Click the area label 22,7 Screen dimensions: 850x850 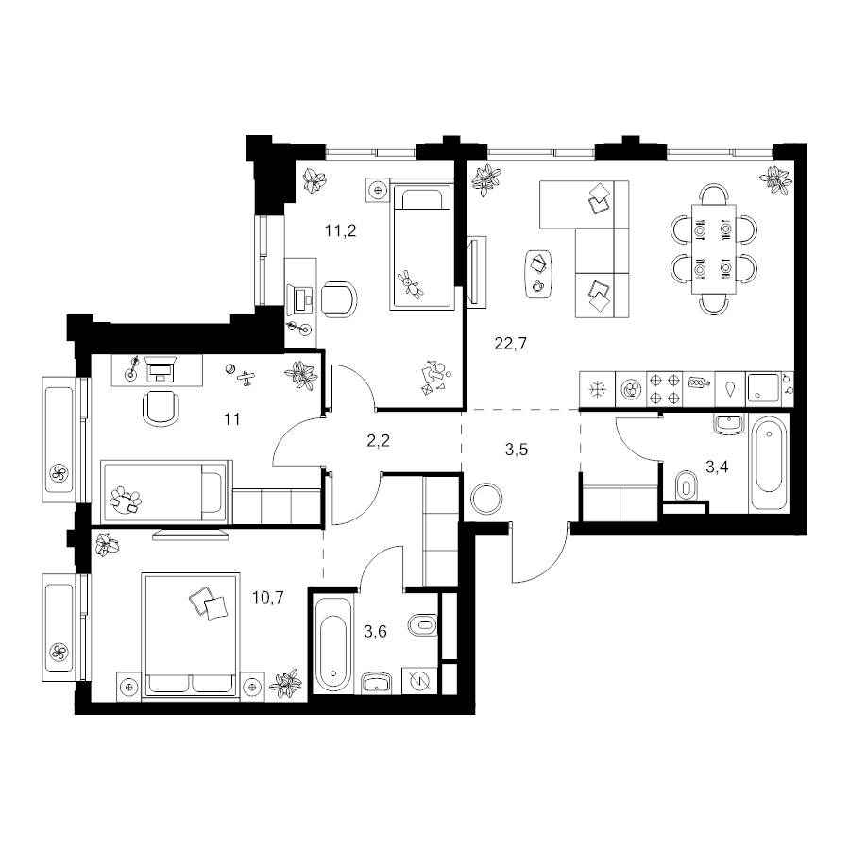pos(510,344)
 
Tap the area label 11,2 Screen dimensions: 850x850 pos(340,231)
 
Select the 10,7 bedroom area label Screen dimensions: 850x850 pos(268,598)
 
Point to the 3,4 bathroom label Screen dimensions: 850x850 pos(717,467)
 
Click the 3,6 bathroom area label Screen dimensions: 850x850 pos(375,631)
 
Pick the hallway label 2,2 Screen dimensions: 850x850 pos(379,441)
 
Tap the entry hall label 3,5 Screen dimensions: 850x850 pos(516,450)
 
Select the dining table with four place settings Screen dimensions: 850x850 pos(713,248)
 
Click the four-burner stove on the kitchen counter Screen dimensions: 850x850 pos(665,389)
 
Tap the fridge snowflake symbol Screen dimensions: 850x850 pos(598,389)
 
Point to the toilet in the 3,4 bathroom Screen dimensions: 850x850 pos(687,484)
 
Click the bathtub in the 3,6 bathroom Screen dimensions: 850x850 pos(333,645)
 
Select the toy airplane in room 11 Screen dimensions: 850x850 pos(246,378)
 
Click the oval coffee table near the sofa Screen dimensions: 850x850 pos(537,274)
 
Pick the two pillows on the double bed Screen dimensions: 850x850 pos(208,603)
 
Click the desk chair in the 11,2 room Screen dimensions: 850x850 pos(339,299)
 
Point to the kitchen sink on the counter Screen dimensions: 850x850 pos(763,389)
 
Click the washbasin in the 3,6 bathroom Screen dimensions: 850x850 pos(377,683)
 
